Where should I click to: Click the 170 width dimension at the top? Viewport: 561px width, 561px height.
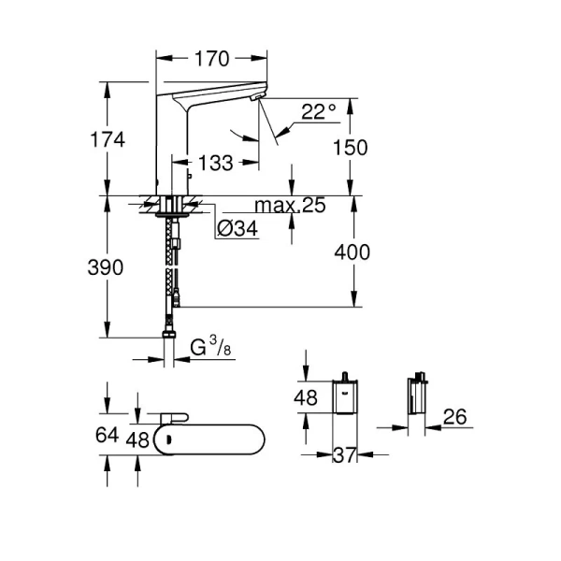tap(212, 59)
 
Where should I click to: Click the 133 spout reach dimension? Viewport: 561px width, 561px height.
tap(215, 164)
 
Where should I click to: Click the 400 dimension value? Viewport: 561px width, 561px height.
tap(352, 252)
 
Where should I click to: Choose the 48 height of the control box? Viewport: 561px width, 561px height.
tap(307, 397)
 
